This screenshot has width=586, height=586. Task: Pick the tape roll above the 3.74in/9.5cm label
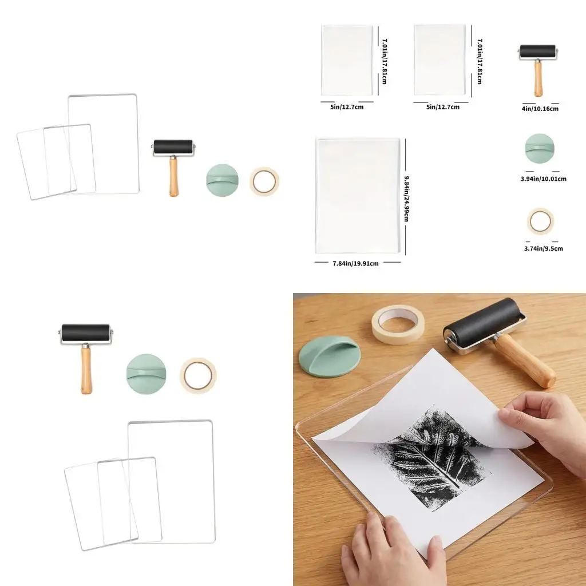pyautogui.click(x=540, y=221)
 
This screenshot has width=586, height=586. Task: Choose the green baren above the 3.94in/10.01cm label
pyautogui.click(x=539, y=149)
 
